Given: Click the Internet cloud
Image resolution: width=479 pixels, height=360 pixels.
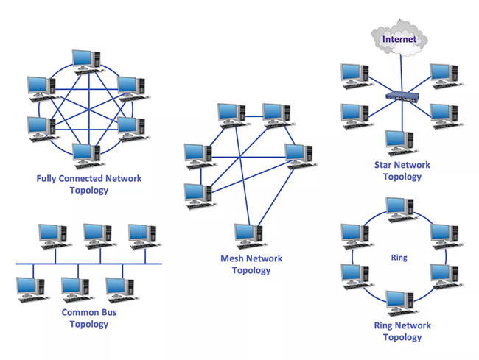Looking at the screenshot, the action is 399,39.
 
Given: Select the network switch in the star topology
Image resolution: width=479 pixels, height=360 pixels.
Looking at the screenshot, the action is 402,96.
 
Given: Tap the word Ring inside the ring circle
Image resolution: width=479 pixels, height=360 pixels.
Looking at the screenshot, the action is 399,258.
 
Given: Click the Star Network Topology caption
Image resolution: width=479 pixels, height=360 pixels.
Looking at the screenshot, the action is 402,171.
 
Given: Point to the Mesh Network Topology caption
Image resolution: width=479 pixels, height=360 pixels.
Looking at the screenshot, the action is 251,264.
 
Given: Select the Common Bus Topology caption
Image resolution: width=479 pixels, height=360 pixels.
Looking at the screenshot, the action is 89,318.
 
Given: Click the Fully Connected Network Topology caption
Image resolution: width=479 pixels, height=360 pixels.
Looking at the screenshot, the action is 89,184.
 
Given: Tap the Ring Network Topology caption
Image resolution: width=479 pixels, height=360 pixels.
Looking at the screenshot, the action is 402,331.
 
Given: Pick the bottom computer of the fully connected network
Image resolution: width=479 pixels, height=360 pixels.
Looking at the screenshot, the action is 88,156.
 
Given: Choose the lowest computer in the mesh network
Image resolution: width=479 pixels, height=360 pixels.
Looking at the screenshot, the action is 251,236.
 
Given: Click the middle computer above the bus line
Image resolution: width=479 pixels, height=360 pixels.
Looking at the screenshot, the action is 100,236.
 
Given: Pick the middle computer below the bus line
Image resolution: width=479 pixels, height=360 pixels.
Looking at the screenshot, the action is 77,290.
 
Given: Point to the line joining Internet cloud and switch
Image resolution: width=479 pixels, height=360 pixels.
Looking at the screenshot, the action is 402,74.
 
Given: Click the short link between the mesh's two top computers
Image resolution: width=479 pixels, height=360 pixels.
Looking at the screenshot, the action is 254,116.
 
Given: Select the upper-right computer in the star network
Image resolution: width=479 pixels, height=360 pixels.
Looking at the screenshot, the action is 447,77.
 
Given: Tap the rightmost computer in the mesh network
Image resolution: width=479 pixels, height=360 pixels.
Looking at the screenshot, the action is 301,156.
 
